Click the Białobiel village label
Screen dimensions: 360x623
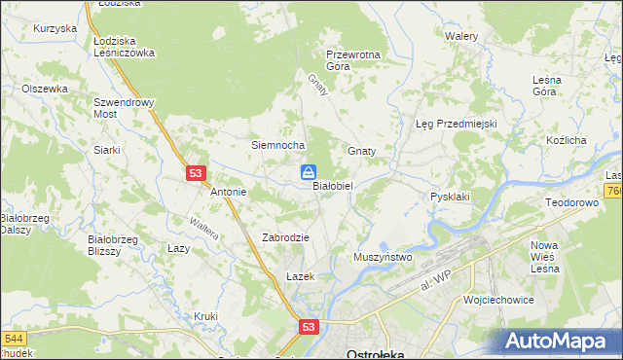(338, 185)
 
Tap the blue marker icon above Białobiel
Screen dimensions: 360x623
(308, 173)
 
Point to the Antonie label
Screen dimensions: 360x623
(229, 193)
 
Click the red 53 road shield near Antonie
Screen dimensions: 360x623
(197, 172)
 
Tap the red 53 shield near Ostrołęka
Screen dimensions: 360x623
(309, 329)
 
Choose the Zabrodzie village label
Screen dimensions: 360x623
(285, 237)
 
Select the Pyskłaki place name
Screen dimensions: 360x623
(451, 197)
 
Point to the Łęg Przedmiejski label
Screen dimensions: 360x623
(457, 125)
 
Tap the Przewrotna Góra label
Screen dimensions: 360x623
(352, 61)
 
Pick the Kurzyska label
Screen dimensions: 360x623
(55, 29)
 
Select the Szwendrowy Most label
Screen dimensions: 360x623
(119, 107)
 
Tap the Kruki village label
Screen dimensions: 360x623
(205, 316)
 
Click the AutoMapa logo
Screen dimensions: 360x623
(562, 341)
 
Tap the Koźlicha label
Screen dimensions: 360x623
(566, 141)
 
